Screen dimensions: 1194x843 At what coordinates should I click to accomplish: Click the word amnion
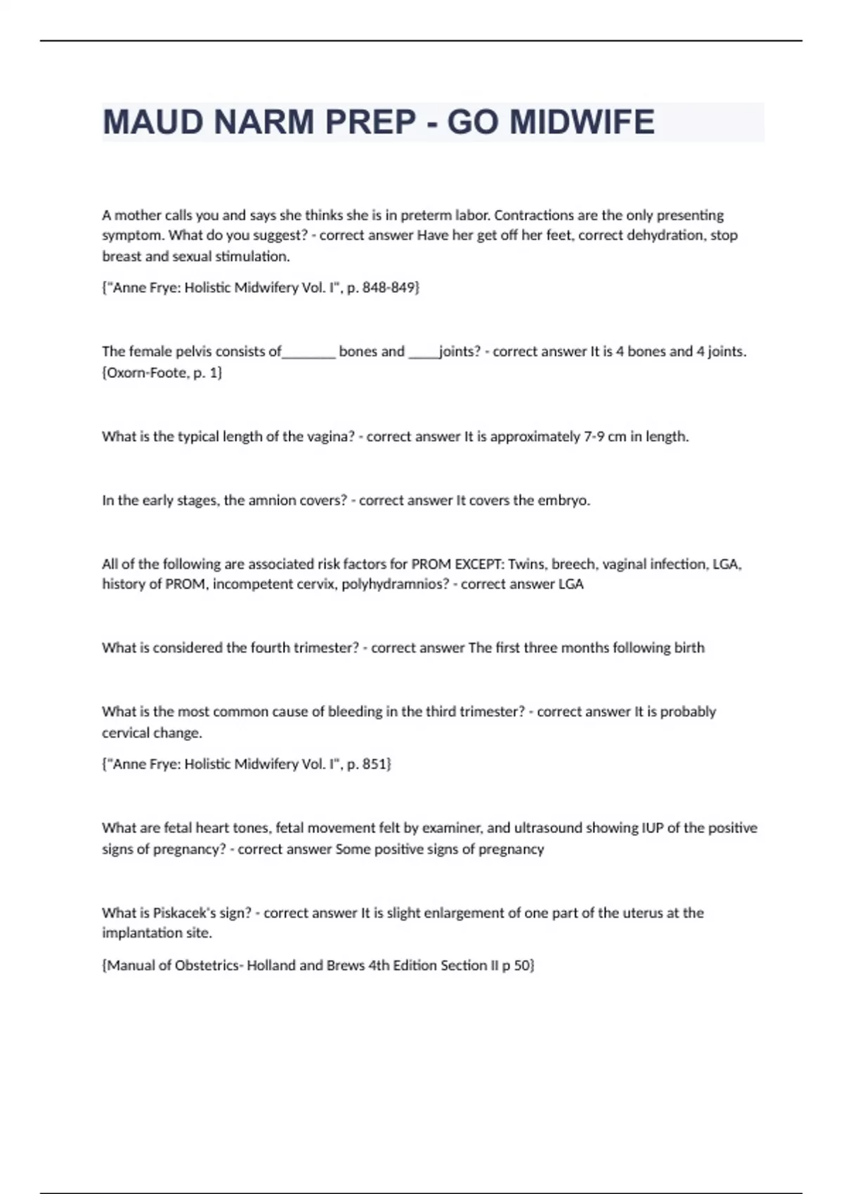(x=273, y=501)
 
